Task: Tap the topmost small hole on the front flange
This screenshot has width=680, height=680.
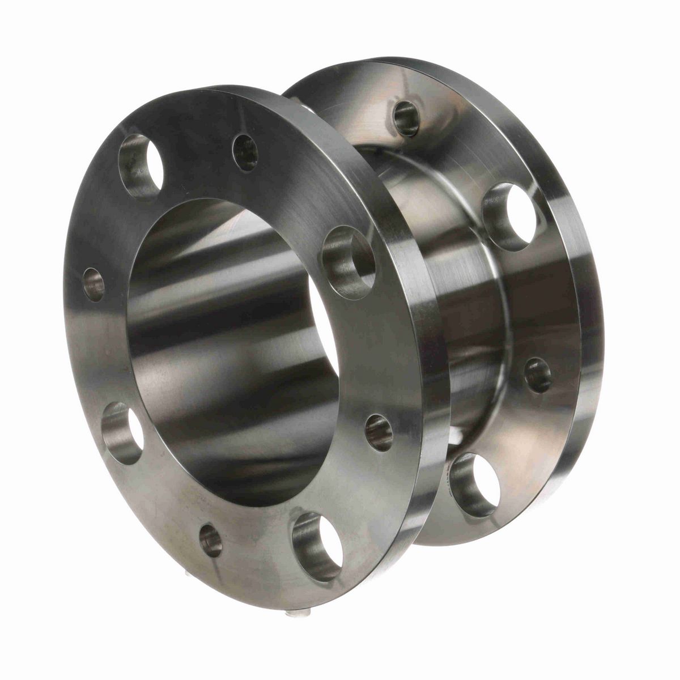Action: point(245,153)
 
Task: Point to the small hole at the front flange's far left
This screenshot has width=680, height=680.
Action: point(93,284)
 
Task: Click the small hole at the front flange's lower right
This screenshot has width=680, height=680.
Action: point(379,432)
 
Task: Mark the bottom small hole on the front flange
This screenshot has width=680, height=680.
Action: point(211,540)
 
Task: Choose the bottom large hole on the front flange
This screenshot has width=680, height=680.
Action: point(317,546)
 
